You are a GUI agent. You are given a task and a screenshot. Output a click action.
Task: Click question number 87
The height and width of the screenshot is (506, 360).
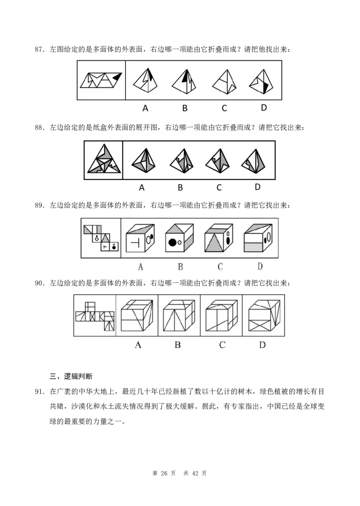pyautogui.click(x=39, y=50)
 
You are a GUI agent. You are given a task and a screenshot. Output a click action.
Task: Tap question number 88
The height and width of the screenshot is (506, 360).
pyautogui.click(x=39, y=127)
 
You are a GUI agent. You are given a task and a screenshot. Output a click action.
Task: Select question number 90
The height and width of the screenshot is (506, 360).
pyautogui.click(x=39, y=283)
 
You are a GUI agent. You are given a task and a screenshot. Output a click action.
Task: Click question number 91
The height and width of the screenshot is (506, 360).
pyautogui.click(x=39, y=392)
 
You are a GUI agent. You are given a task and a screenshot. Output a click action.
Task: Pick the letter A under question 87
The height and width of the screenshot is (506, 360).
pyautogui.click(x=145, y=108)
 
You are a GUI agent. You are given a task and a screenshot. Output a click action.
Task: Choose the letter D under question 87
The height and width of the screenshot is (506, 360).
pyautogui.click(x=264, y=108)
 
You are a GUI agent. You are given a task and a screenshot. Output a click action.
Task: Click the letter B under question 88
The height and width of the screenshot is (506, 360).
pyautogui.click(x=180, y=187)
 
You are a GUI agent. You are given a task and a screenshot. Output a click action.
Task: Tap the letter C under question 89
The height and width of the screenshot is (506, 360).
pyautogui.click(x=220, y=267)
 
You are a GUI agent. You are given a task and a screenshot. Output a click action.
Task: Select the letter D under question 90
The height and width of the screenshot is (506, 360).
pyautogui.click(x=262, y=345)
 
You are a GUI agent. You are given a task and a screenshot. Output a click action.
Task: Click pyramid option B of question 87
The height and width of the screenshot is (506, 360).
pyautogui.click(x=184, y=82)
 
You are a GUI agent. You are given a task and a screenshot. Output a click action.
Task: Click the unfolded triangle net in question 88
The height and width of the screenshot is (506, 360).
pyautogui.click(x=104, y=159)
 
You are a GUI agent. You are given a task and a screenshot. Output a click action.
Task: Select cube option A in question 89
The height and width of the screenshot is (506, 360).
pyautogui.click(x=140, y=238)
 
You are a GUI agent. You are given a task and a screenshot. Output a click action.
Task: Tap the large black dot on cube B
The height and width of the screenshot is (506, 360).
pyautogui.click(x=173, y=242)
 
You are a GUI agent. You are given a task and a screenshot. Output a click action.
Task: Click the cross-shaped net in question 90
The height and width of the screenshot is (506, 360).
pyautogui.click(x=95, y=316)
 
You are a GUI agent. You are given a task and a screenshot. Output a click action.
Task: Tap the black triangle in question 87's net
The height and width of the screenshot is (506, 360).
pyautogui.click(x=117, y=77)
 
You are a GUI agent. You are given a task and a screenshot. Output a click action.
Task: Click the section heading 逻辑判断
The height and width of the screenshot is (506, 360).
pyautogui.click(x=78, y=376)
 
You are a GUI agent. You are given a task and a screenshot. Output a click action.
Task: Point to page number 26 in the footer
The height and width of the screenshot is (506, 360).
pyautogui.click(x=164, y=474)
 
